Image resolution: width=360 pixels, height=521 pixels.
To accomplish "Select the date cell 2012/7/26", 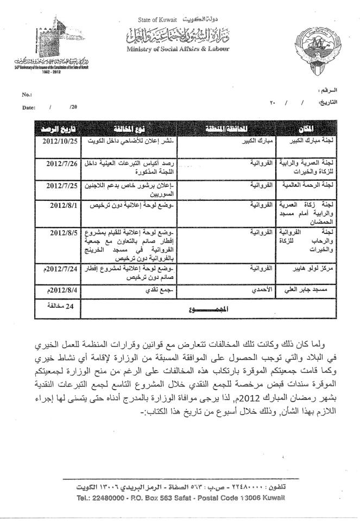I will [x=64, y=162].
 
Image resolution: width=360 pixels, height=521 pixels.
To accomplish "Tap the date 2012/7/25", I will [x=64, y=185].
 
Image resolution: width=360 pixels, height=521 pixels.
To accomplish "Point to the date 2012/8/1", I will [x=66, y=206].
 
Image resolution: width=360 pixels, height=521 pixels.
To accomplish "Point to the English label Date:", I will [x=29, y=107].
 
